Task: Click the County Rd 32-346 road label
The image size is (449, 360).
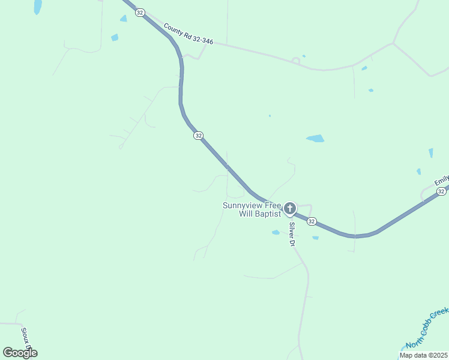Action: coord(188,34)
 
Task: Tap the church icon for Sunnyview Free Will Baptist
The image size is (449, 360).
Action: coord(290,209)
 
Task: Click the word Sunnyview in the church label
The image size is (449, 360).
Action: coord(243,205)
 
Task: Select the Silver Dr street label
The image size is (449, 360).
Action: coord(292,234)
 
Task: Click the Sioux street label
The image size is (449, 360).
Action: coord(25,340)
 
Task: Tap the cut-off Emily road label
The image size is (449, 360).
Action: coord(442,180)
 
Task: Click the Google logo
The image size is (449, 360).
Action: coord(20,353)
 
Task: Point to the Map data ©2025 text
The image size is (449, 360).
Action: coord(424,355)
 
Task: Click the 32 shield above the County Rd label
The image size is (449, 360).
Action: coord(140,13)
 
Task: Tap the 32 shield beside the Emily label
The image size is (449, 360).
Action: coord(441,191)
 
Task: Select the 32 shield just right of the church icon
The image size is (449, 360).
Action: coord(312,221)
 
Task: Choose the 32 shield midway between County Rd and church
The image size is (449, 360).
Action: coord(198,136)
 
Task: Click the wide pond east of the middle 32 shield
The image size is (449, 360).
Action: coord(315,139)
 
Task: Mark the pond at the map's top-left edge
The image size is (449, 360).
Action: coord(38,7)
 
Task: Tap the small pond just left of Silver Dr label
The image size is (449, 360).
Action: coord(276,232)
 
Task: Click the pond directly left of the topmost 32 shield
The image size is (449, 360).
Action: coord(124,19)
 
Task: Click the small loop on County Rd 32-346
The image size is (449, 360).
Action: coord(295,59)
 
